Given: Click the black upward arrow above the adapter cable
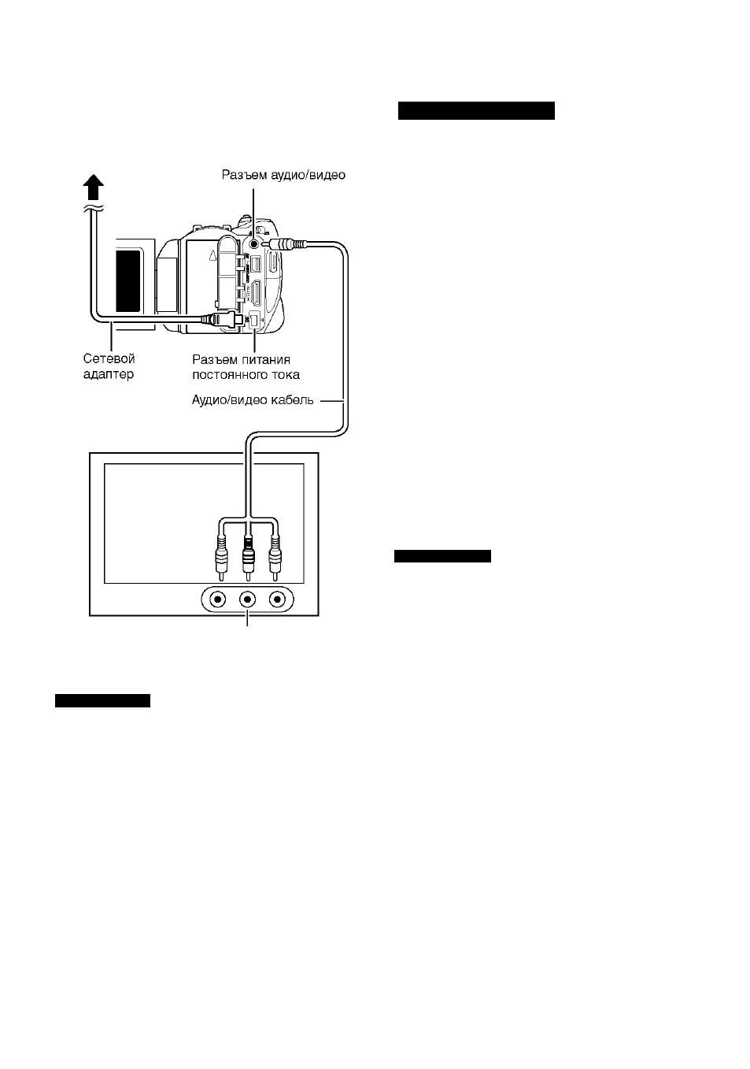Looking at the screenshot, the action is (94, 187).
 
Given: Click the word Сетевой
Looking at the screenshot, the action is (109, 358).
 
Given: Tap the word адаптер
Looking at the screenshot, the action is (109, 374).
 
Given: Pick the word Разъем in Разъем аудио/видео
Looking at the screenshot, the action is (244, 175).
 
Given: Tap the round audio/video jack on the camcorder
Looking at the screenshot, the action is (253, 244).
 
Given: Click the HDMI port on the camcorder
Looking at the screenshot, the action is (256, 294).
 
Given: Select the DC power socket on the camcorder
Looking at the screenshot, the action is (254, 321).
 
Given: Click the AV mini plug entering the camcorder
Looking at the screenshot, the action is (284, 244).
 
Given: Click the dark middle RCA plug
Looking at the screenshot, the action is (248, 557).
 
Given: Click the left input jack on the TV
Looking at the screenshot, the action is (218, 599).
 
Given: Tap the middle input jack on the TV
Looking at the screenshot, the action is (247, 599).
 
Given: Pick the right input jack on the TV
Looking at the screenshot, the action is (277, 599).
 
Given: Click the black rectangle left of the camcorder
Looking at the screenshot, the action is (128, 281).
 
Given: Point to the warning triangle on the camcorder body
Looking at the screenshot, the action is (213, 255).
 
